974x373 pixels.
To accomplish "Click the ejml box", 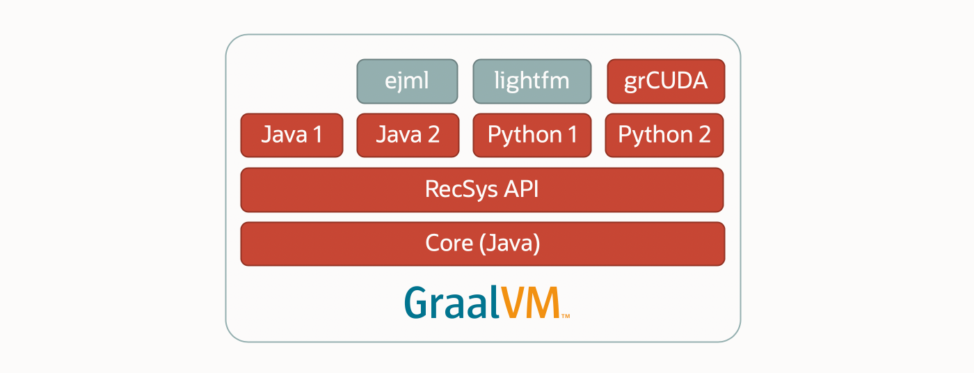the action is click(407, 81).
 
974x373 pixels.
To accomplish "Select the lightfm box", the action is click(532, 81).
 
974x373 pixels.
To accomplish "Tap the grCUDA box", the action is click(666, 81).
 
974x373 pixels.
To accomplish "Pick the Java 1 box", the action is click(292, 135).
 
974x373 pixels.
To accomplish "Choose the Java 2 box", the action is click(408, 135).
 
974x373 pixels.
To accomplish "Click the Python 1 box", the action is click(532, 135).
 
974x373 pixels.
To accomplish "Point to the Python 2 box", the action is click(664, 135).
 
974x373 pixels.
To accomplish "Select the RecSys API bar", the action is click(481, 190).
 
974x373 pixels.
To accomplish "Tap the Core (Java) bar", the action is click(483, 244).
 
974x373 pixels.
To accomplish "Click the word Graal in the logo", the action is click(452, 302).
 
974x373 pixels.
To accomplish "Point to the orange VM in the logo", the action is click(529, 303).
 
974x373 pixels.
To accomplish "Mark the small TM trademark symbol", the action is click(566, 316).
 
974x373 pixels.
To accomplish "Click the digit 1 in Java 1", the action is click(317, 134).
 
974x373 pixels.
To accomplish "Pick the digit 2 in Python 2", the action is click(705, 134).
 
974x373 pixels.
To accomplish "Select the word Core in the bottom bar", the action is click(449, 243).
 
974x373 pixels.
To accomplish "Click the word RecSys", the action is click(461, 190).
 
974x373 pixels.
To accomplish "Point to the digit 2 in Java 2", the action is click(433, 134).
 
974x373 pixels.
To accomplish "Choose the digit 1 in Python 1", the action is click(572, 134).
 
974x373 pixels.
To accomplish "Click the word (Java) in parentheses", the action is click(509, 244).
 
